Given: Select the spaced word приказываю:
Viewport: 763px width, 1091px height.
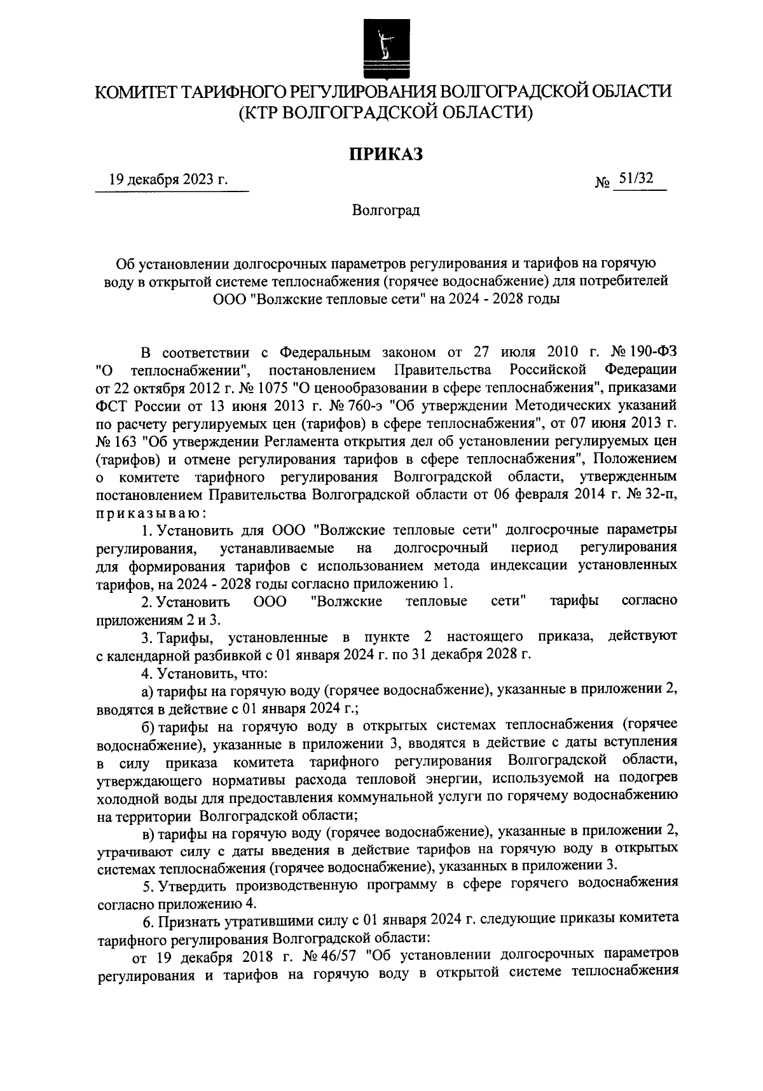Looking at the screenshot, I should click(151, 512).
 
